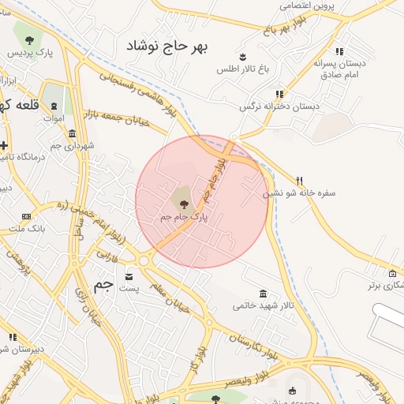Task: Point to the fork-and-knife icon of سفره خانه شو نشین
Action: (x=299, y=181)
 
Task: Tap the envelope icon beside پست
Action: (x=129, y=278)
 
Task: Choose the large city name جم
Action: (x=103, y=286)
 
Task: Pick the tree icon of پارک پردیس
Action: (x=29, y=39)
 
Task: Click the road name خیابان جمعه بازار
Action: (x=138, y=122)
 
